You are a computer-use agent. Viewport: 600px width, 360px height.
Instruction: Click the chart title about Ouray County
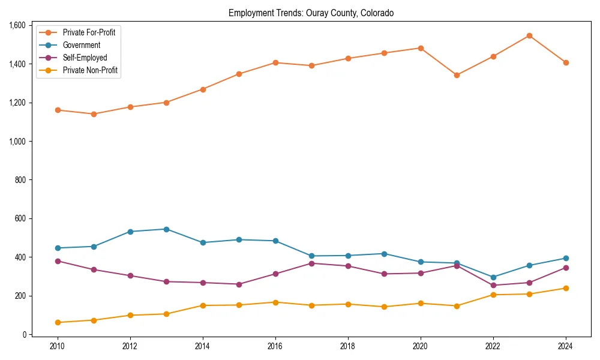tap(311, 13)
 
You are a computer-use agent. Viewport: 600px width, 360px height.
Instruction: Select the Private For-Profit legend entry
tap(89, 32)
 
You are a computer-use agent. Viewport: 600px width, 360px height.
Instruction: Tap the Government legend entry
tap(81, 45)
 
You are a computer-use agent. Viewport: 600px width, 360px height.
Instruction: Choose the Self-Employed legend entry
tap(85, 58)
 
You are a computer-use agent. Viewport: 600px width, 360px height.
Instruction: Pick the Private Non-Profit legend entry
tap(90, 71)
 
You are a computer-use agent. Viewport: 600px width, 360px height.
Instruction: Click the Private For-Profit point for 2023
tap(529, 35)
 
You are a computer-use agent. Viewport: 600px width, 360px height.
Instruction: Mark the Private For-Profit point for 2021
tap(457, 75)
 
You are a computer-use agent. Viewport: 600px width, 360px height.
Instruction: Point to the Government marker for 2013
tap(166, 229)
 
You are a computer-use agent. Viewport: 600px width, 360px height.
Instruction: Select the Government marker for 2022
tap(493, 277)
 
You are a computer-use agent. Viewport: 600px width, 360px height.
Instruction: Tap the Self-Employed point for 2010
tap(58, 261)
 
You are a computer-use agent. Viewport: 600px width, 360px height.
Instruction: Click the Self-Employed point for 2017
tap(311, 263)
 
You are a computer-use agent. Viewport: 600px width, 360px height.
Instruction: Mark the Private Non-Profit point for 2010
tap(58, 322)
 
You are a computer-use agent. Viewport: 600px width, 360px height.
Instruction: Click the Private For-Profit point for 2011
tap(94, 114)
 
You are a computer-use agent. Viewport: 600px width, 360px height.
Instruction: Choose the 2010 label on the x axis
tap(58, 346)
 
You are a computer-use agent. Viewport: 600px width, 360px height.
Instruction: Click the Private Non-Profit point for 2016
tap(275, 302)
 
